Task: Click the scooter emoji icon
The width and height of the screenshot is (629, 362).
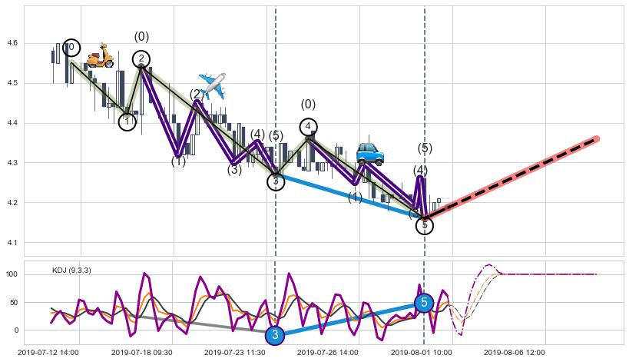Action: tap(100, 56)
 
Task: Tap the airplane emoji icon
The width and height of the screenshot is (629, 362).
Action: tap(212, 85)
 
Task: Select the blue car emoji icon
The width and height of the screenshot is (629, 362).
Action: tap(370, 153)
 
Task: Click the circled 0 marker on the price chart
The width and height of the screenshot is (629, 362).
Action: tap(71, 48)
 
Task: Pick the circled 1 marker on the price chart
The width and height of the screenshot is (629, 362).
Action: tap(127, 121)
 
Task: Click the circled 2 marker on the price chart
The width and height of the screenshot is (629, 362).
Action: tap(141, 59)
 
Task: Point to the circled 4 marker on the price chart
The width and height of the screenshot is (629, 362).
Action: tap(308, 127)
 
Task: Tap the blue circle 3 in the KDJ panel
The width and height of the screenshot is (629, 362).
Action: tap(275, 335)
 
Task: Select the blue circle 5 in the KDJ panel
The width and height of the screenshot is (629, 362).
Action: tap(424, 303)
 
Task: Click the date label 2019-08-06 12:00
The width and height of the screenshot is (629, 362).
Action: tap(515, 353)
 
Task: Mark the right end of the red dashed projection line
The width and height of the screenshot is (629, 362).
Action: tap(597, 139)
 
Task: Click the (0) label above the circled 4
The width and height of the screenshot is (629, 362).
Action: tap(308, 105)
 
